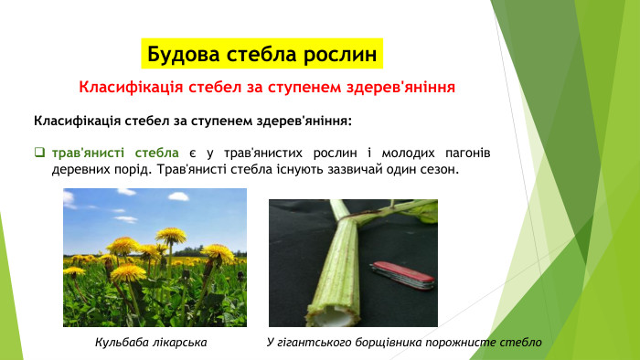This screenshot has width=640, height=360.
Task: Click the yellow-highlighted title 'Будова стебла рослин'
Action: click(262, 53)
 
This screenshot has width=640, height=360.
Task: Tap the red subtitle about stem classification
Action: click(267, 89)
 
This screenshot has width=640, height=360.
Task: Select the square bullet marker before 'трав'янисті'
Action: click(39, 153)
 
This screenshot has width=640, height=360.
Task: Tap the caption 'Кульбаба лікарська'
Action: click(152, 342)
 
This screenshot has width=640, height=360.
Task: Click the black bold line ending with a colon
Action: click(192, 121)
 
